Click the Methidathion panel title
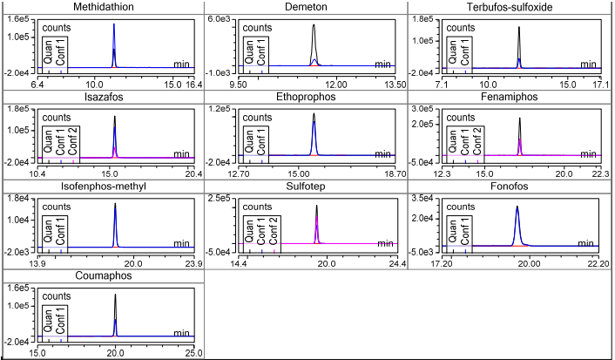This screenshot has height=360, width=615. (x=103, y=8)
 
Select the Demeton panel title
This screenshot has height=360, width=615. (x=306, y=8)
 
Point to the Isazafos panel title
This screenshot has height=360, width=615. (x=103, y=98)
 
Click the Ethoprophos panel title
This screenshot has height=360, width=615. (x=306, y=98)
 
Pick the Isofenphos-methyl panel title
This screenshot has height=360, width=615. (x=103, y=187)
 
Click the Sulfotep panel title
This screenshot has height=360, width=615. (x=306, y=187)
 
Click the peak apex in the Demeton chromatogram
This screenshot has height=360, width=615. (x=314, y=25)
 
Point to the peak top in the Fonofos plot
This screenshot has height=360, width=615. (x=517, y=207)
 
